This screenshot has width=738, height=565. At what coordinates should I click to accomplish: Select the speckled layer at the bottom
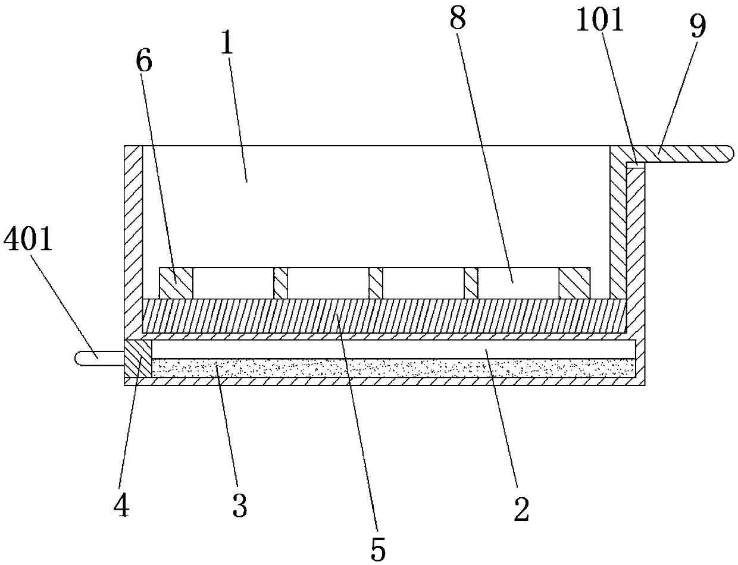(393, 368)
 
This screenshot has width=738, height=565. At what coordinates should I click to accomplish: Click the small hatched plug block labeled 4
(138, 358)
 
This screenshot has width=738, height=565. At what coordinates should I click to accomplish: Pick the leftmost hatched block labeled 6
(176, 283)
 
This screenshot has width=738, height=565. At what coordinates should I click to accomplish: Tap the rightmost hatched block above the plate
(574, 283)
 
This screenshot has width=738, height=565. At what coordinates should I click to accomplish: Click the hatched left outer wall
(133, 238)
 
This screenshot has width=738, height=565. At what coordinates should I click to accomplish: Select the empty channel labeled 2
(393, 349)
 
